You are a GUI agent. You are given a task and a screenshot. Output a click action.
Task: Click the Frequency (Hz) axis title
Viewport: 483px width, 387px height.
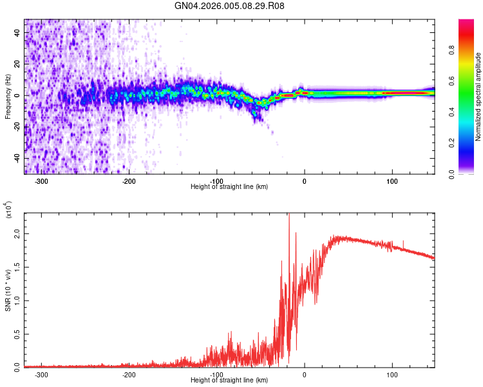coord(8,96)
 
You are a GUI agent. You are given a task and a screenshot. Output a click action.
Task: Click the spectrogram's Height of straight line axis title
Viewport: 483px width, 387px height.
coord(229,186)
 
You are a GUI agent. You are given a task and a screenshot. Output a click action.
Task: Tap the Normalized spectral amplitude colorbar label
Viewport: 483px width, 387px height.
coord(478,97)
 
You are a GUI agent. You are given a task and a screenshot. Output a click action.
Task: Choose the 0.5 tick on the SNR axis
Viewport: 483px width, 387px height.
coord(17,333)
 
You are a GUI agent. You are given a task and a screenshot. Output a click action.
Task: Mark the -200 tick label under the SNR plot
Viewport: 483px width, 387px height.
coord(129,373)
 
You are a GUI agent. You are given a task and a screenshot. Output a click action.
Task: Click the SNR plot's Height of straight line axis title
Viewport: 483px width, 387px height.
coord(229,380)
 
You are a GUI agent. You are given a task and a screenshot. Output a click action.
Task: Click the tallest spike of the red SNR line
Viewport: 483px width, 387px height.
coord(289,215)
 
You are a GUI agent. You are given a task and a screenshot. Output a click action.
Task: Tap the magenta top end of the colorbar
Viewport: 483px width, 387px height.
coord(466,23)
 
